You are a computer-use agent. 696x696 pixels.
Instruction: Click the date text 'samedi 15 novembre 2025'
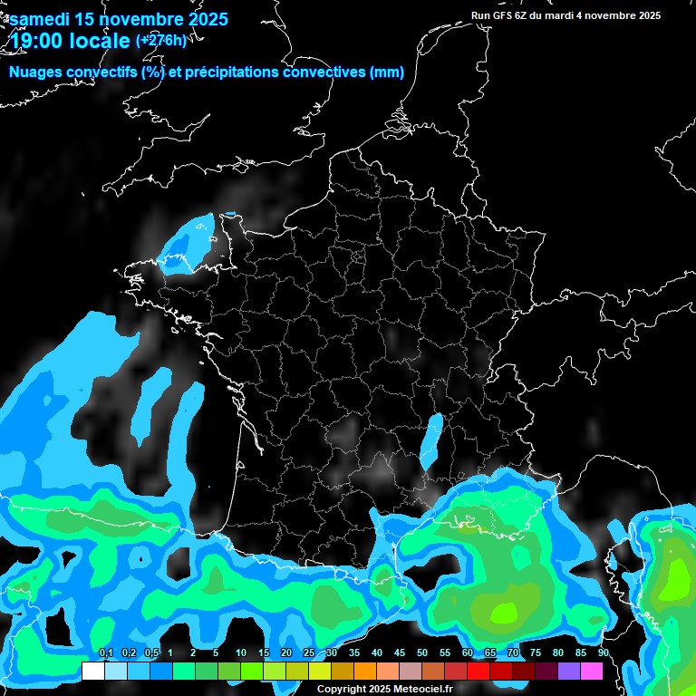[119, 19]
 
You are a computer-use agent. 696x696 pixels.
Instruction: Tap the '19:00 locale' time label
[67, 41]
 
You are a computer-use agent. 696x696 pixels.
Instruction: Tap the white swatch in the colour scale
[92, 672]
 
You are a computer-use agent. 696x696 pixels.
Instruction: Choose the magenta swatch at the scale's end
[592, 672]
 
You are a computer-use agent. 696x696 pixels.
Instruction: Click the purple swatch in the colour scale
[569, 672]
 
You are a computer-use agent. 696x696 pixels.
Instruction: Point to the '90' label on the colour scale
[604, 653]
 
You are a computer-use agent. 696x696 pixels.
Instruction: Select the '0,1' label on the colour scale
[106, 653]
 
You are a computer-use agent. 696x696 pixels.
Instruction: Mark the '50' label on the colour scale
[422, 653]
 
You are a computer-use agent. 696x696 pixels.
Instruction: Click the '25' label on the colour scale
[309, 653]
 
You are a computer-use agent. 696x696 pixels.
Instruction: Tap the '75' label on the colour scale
[536, 653]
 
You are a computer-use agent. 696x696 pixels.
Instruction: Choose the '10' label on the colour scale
[240, 653]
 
